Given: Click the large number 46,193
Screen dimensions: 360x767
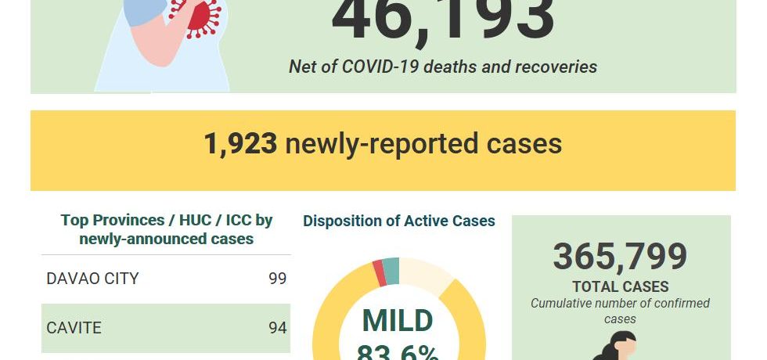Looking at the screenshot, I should (443, 20).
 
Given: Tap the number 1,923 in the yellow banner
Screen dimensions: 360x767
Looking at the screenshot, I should (240, 144).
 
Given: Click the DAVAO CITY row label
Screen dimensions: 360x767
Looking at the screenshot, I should (92, 279).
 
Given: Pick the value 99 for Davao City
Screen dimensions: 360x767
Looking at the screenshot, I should (277, 279).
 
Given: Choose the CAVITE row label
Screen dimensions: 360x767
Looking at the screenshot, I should (74, 327).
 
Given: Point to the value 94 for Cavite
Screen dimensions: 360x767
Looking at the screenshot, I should (277, 327).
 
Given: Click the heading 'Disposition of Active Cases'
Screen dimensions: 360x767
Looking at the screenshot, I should (398, 221).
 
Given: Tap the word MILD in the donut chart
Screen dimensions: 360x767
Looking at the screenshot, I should (397, 321).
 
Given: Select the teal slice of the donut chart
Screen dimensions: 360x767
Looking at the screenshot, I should (391, 271).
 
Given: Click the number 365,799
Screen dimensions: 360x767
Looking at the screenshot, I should (620, 257).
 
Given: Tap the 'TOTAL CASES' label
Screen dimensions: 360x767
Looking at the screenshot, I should (620, 286).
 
